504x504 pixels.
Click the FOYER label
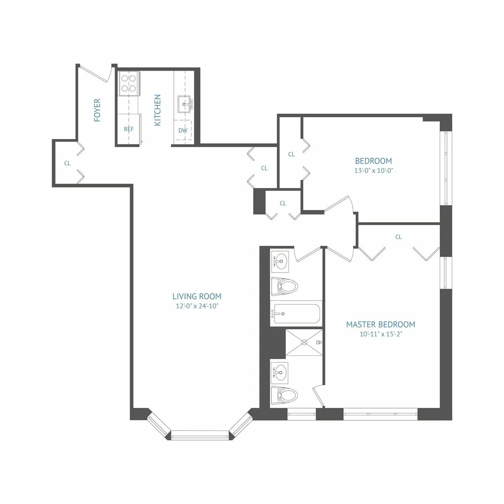click(97, 110)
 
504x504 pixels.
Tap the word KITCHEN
click(157, 110)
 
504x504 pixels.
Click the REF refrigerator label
click(129, 129)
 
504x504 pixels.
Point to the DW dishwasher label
click(183, 130)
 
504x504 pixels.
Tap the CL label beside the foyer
click(67, 163)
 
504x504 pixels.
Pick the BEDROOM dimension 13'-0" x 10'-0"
click(373, 171)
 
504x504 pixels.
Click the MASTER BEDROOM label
click(381, 324)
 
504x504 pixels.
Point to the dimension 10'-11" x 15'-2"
click(381, 334)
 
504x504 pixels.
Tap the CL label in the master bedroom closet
click(398, 237)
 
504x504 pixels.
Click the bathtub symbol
click(295, 313)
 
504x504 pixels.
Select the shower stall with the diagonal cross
click(304, 342)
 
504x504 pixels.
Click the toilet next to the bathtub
click(284, 287)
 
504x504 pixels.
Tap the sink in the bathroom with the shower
click(279, 371)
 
